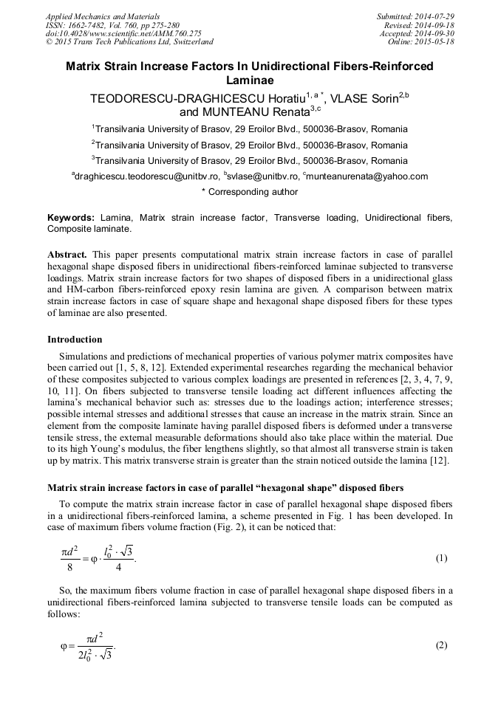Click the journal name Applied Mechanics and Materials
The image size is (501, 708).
pyautogui.click(x=102, y=16)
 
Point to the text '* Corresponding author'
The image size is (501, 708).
pyautogui.click(x=250, y=192)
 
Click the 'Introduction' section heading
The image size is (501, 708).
pyautogui.click(x=75, y=340)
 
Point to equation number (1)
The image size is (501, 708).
pyautogui.click(x=441, y=558)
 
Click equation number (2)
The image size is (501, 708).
pyautogui.click(x=441, y=645)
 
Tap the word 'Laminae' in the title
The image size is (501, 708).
pyautogui.click(x=250, y=80)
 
